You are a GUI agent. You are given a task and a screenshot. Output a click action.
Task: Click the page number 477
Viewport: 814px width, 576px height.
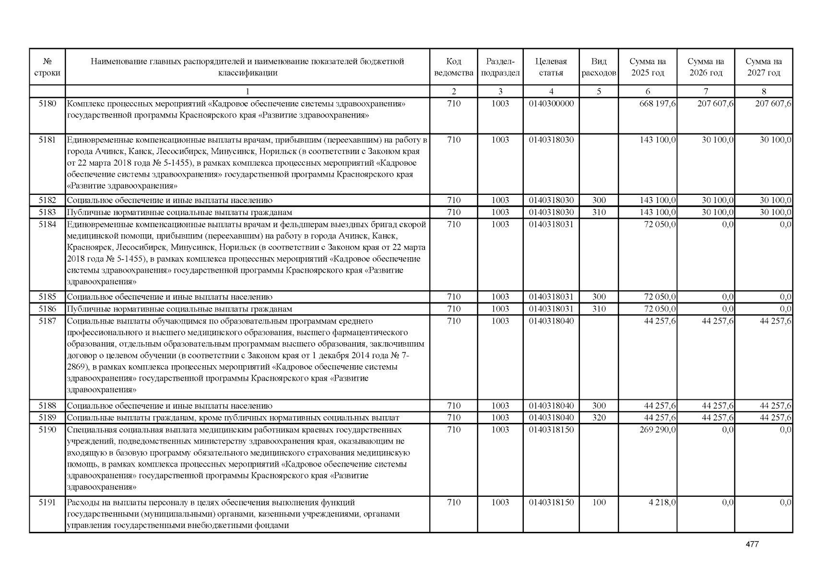(752, 544)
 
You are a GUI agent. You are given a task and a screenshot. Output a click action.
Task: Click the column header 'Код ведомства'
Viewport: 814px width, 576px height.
(453, 67)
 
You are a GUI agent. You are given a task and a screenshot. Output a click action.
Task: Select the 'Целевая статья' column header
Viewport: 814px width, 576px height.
(551, 67)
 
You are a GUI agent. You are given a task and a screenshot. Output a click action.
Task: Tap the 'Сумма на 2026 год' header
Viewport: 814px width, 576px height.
(706, 67)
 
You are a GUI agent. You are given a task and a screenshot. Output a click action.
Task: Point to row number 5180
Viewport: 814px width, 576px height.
(47, 103)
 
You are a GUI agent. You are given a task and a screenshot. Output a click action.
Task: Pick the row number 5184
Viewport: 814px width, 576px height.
(47, 224)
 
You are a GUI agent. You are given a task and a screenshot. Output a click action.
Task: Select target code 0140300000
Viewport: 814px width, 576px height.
(551, 103)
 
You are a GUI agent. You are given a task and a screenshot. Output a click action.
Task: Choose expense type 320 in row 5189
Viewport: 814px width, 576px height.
(599, 418)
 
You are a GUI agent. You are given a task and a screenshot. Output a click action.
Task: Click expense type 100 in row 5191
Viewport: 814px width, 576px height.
(599, 503)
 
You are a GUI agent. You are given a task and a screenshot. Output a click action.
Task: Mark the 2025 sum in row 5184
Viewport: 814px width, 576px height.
(660, 224)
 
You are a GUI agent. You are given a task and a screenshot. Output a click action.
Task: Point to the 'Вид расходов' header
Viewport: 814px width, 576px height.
(599, 67)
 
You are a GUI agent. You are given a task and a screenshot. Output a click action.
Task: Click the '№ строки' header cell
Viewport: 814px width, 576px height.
(47, 67)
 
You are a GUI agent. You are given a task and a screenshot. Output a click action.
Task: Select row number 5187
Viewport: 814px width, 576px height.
(47, 321)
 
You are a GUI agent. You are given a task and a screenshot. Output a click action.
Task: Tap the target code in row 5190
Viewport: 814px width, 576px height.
(551, 430)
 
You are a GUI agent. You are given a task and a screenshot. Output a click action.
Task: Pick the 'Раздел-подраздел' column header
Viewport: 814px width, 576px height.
(500, 67)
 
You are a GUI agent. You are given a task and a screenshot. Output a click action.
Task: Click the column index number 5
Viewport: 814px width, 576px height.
(599, 91)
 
